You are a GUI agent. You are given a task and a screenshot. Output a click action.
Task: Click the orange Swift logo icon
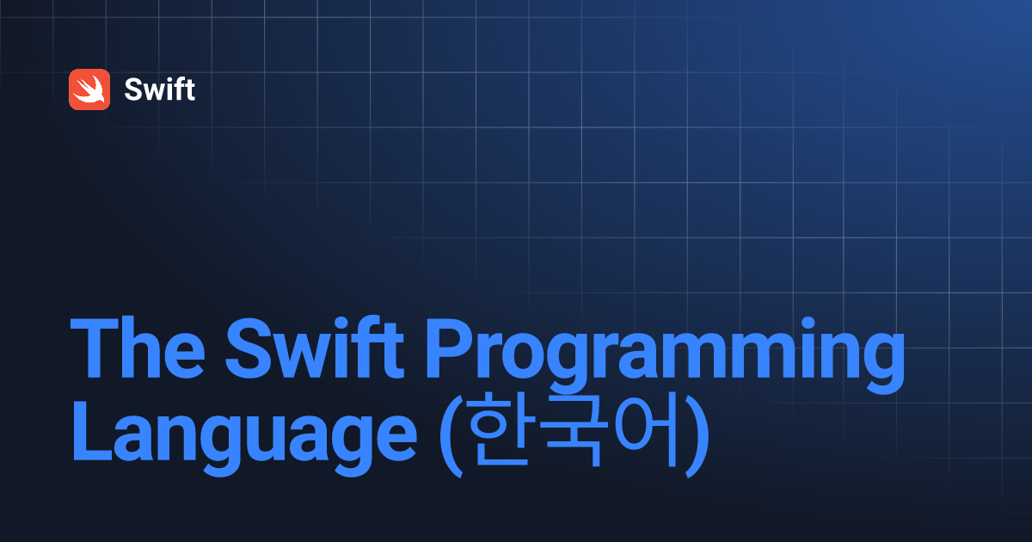point(89,89)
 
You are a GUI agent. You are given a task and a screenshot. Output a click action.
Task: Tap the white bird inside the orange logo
point(89,89)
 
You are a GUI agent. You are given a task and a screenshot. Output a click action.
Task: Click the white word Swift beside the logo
point(159,89)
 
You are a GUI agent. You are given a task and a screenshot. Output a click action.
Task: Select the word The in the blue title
point(138,348)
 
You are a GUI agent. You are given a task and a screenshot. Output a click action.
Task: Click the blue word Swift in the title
point(315,348)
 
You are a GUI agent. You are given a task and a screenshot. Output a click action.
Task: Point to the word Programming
point(665,354)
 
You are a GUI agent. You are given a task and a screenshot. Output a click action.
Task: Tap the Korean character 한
point(502,429)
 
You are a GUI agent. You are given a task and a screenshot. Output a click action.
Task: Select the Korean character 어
point(646,429)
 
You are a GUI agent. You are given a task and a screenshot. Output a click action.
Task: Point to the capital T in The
point(95,348)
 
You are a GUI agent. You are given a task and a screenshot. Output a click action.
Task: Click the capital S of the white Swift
point(134,89)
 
